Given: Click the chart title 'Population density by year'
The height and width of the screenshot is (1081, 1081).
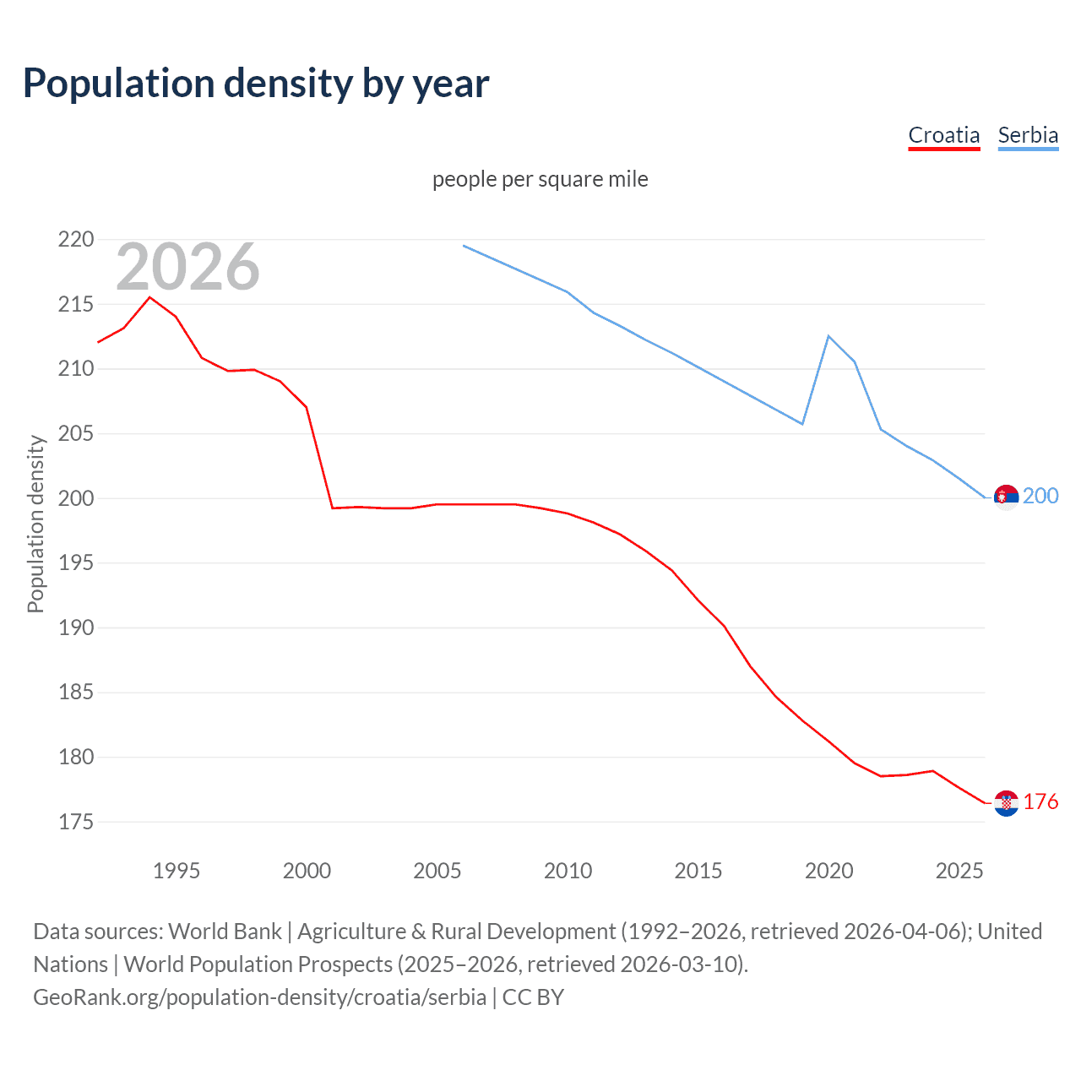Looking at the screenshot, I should [256, 84].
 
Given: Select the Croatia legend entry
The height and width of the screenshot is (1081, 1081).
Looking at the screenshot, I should [943, 135].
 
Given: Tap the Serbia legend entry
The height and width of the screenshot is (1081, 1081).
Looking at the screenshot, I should [1028, 135].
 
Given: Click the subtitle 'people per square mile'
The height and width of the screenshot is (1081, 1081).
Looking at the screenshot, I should [540, 179].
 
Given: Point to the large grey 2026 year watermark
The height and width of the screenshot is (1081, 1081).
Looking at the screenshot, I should [187, 267].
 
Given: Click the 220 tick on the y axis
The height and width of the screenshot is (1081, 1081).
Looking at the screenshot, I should [76, 240].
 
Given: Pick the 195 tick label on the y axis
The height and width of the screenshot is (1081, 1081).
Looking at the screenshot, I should [76, 563].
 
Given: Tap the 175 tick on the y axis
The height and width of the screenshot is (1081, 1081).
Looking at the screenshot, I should [76, 822].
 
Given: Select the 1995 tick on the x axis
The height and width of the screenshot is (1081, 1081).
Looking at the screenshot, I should [176, 871].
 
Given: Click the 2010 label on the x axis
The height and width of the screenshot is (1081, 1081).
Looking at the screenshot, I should [568, 871].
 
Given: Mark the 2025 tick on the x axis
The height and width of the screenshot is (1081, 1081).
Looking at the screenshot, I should [959, 871].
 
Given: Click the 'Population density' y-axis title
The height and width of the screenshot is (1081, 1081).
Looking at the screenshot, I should [35, 524].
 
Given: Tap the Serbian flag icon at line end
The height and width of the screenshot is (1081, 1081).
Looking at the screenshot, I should [1006, 497].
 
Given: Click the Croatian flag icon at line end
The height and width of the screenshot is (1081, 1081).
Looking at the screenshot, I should [1006, 803].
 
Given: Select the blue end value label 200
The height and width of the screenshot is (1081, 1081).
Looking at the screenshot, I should [1040, 496].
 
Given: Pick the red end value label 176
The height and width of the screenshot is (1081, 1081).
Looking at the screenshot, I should [1040, 801].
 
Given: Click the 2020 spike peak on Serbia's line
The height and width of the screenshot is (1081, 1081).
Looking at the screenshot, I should [828, 336].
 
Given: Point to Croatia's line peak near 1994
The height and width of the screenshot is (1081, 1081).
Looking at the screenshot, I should [150, 297].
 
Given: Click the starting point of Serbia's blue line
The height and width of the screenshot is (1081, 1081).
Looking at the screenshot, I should [464, 246].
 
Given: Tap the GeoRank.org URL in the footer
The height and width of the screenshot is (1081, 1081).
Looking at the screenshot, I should [259, 997].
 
